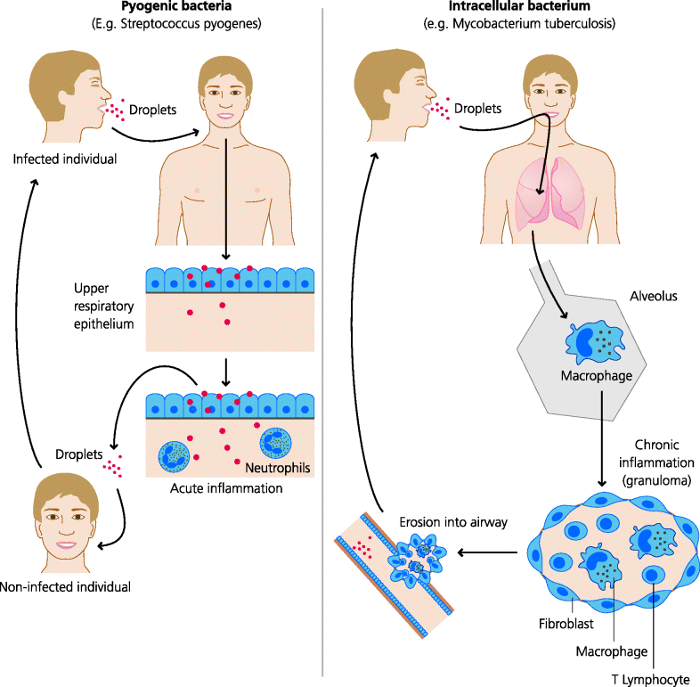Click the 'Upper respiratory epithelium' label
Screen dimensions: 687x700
tap(104, 307)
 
